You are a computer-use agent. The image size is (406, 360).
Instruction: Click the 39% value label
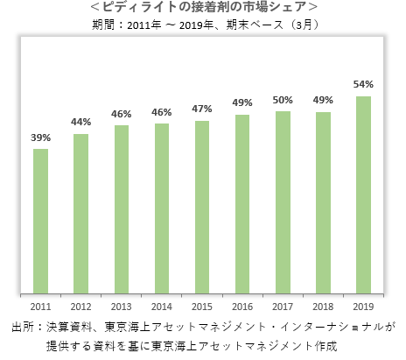pos(40,138)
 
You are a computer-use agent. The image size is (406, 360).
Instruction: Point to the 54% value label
pos(363,84)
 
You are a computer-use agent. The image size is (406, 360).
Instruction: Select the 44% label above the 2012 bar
pos(81,122)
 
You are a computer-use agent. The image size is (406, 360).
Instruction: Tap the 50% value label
pos(283,100)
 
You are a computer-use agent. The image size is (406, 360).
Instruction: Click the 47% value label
pos(202,109)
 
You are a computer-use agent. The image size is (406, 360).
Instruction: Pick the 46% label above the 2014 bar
pos(162,112)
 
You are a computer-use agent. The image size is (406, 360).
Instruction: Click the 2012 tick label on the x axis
pos(81,307)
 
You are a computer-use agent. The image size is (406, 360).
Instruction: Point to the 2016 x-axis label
pos(242,307)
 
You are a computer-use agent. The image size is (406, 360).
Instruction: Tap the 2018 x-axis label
pos(323,307)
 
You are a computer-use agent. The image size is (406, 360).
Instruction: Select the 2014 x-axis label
pos(162,307)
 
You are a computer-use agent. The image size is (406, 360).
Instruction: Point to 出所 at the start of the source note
pos(21,327)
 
